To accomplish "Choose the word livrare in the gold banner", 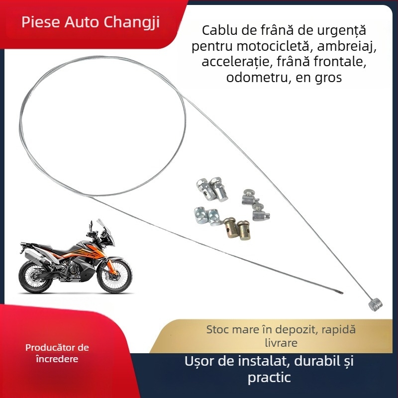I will [x=281, y=343].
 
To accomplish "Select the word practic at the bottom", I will [x=269, y=378].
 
